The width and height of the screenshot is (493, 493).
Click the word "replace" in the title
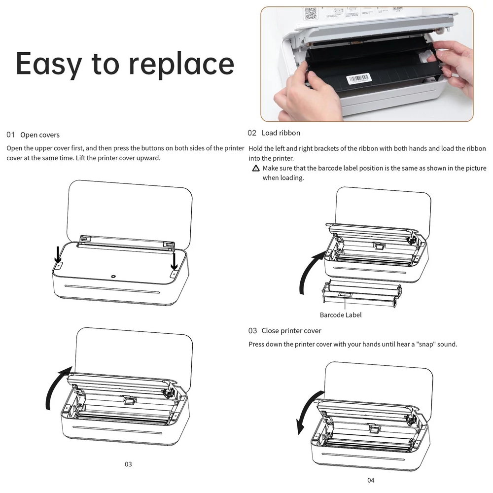click(x=181, y=64)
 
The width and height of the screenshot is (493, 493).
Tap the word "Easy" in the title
click(x=49, y=64)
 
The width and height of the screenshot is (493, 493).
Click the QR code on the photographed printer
click(x=310, y=13)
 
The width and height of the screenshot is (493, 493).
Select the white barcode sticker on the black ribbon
click(x=359, y=78)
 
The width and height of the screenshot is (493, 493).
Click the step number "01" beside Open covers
click(x=11, y=135)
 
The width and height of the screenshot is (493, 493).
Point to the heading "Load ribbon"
click(x=281, y=133)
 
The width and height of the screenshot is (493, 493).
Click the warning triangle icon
click(x=256, y=168)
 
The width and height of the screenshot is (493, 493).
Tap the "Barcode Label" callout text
click(x=341, y=315)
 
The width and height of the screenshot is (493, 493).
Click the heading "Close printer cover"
click(x=291, y=331)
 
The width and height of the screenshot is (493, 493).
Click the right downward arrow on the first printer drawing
click(x=174, y=261)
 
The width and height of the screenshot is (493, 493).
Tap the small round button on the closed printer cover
click(x=113, y=277)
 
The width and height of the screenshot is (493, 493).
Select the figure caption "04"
click(x=371, y=480)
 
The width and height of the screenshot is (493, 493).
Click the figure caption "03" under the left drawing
click(x=128, y=464)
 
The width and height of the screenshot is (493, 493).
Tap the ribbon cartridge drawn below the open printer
click(x=362, y=292)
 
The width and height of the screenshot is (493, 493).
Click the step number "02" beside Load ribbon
click(x=252, y=133)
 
